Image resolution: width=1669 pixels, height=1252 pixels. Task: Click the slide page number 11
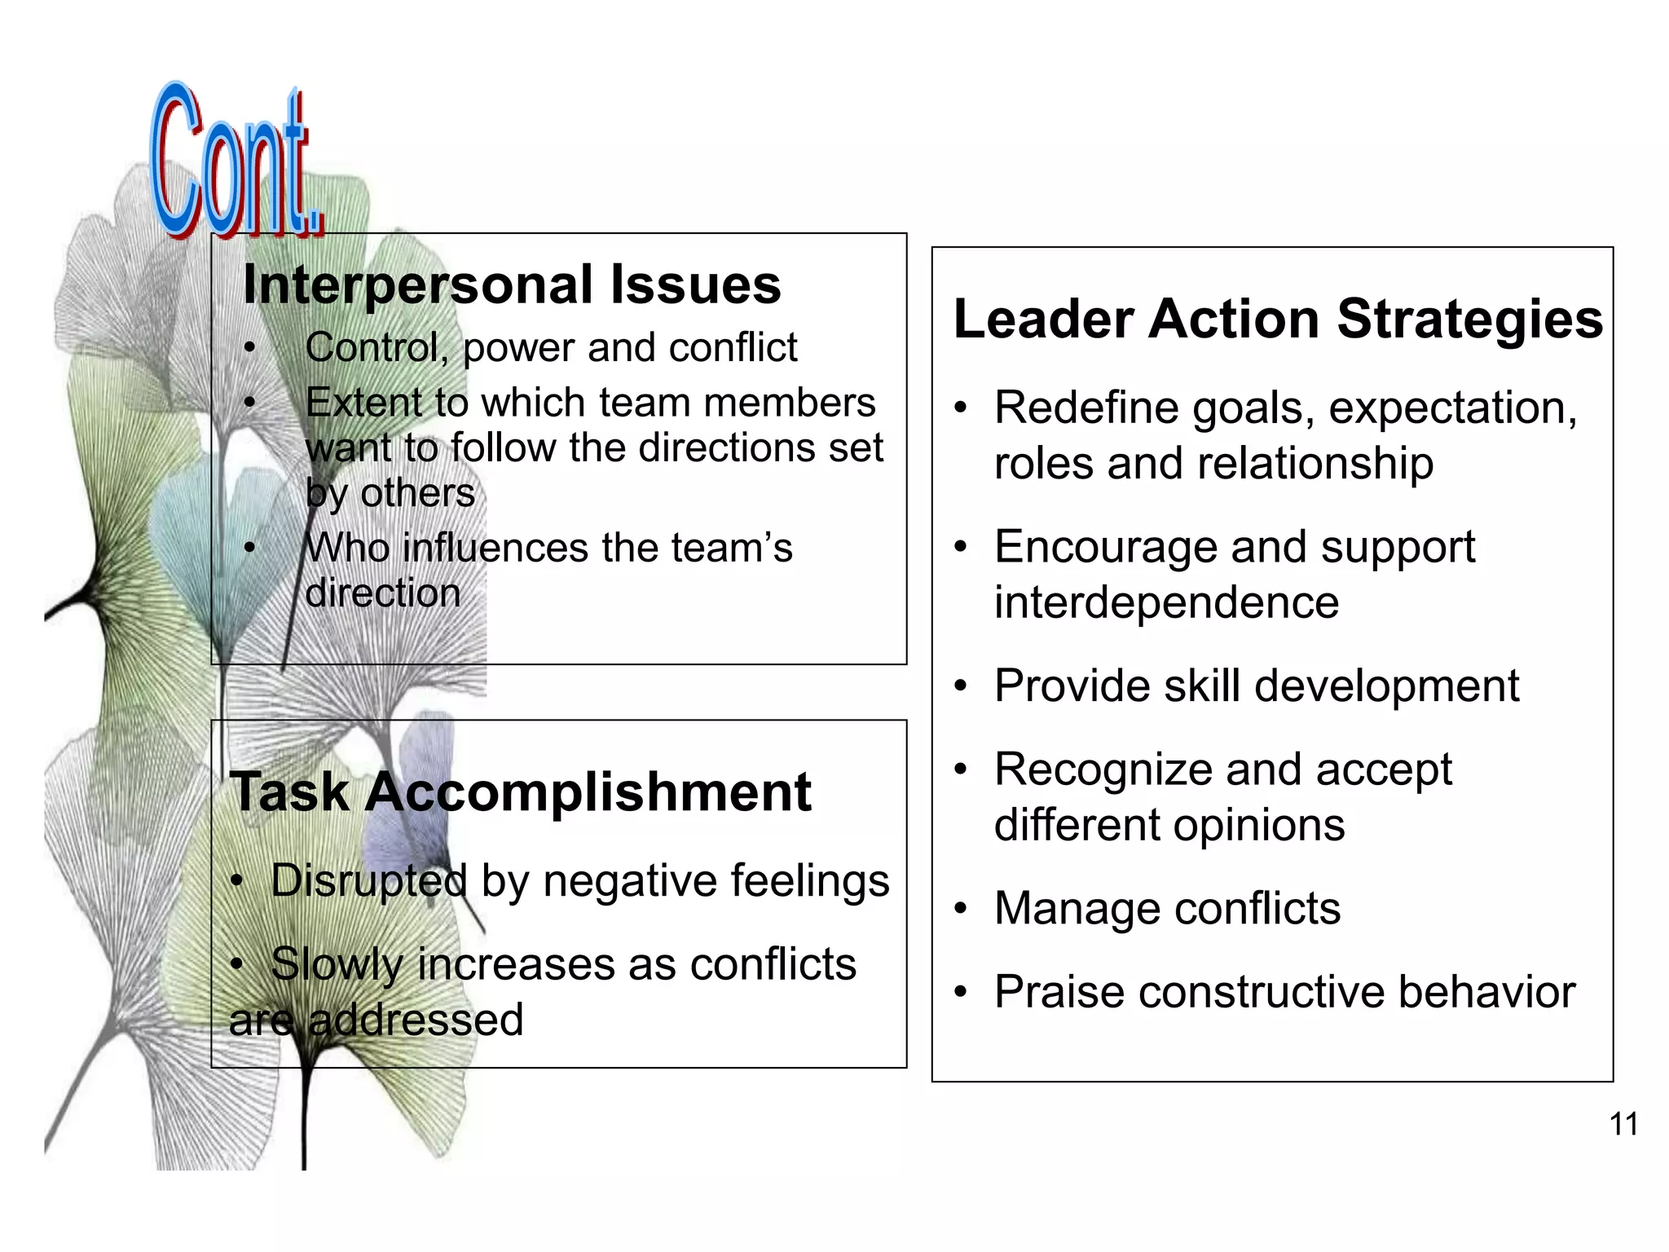1623,1125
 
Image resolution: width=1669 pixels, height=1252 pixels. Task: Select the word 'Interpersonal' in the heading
418,285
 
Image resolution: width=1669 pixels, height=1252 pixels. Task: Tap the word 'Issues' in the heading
696,285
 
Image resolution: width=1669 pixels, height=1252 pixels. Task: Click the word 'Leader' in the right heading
1043,319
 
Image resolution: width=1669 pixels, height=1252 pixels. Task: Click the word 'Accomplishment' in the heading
588,792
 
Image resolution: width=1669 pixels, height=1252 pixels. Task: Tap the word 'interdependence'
1166,603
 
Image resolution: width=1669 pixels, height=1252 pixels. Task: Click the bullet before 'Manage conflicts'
962,910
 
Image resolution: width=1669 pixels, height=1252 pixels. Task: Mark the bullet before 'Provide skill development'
962,687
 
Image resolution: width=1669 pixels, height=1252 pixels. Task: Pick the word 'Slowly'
337,965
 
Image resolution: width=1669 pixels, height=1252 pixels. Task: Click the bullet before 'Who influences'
249,548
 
